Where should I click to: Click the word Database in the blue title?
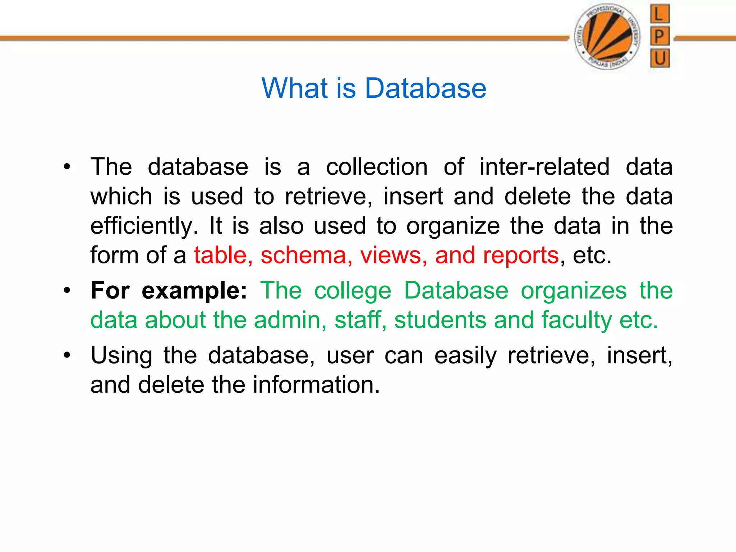(x=425, y=88)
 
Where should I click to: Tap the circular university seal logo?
(x=608, y=37)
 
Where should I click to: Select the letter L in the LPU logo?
(x=659, y=14)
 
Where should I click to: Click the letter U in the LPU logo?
(x=660, y=58)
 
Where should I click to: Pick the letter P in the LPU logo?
(x=659, y=36)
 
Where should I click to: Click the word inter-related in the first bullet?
(x=544, y=167)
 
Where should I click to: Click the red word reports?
(x=521, y=256)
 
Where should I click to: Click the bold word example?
(x=194, y=291)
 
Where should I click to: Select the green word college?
(x=353, y=291)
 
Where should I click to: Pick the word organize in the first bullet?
(x=453, y=226)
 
